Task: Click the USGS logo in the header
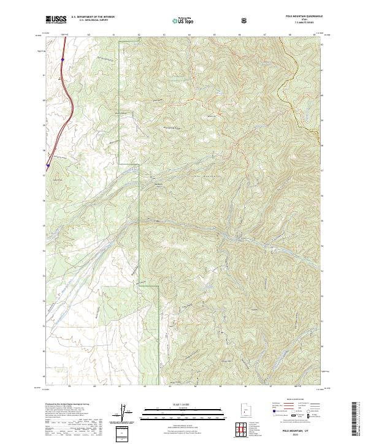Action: coord(56,20)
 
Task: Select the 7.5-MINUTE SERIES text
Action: coord(304,24)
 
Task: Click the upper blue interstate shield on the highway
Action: coord(63,59)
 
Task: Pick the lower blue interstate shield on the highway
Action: coord(48,165)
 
